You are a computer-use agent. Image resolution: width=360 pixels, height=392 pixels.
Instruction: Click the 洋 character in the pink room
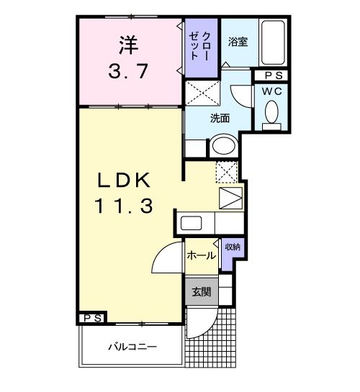click(x=127, y=45)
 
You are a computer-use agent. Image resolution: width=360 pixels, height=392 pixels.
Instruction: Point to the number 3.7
click(x=127, y=73)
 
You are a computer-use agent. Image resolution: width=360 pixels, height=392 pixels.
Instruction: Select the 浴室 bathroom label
click(x=238, y=42)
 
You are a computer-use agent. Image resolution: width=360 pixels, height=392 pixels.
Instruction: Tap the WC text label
click(x=272, y=91)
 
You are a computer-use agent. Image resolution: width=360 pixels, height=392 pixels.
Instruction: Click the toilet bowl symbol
click(x=272, y=113)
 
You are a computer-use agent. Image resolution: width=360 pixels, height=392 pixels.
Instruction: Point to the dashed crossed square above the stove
click(x=226, y=173)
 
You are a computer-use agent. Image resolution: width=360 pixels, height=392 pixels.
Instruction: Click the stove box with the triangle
click(x=230, y=196)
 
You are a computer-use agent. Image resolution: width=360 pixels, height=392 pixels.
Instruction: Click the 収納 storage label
click(x=232, y=247)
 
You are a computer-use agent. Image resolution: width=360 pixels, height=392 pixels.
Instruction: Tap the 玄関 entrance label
click(x=201, y=292)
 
